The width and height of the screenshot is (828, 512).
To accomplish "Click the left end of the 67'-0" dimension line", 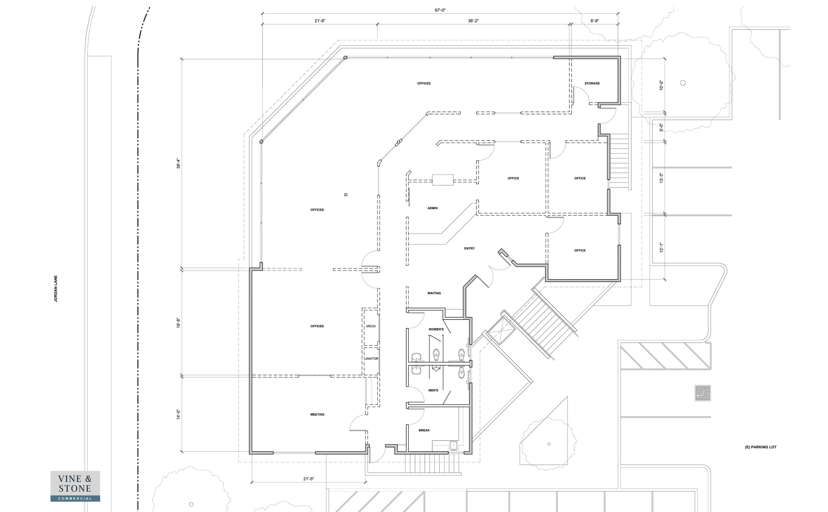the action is [x=262, y=14].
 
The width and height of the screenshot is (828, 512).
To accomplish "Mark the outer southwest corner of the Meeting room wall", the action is [x=250, y=454].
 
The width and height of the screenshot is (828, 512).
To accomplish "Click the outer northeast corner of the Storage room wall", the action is [x=620, y=56].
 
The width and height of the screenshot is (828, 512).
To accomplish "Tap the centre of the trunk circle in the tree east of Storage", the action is [x=682, y=83].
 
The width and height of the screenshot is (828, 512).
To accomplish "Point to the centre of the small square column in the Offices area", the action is [x=346, y=195].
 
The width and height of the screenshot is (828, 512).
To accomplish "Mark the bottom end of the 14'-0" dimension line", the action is [x=182, y=451].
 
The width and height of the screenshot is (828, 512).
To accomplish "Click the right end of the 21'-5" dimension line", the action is [x=365, y=482].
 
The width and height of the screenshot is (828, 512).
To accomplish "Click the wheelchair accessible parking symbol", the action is [x=703, y=393].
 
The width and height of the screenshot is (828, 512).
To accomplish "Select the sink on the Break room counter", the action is [x=453, y=445].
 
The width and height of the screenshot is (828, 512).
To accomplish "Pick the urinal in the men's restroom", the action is [x=461, y=373].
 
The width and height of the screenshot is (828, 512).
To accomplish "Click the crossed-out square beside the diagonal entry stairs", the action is [x=500, y=330].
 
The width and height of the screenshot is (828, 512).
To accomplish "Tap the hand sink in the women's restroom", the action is [x=416, y=357].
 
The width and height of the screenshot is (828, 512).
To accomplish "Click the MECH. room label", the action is [x=371, y=326].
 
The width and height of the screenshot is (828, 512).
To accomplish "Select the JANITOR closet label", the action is [x=372, y=359].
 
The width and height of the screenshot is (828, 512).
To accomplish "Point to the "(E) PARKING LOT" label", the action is [x=761, y=447].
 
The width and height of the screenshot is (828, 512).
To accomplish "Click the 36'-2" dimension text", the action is [x=473, y=21].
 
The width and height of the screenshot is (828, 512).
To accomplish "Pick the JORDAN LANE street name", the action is [x=56, y=288].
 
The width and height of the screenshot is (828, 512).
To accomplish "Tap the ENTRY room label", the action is [x=469, y=249].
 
